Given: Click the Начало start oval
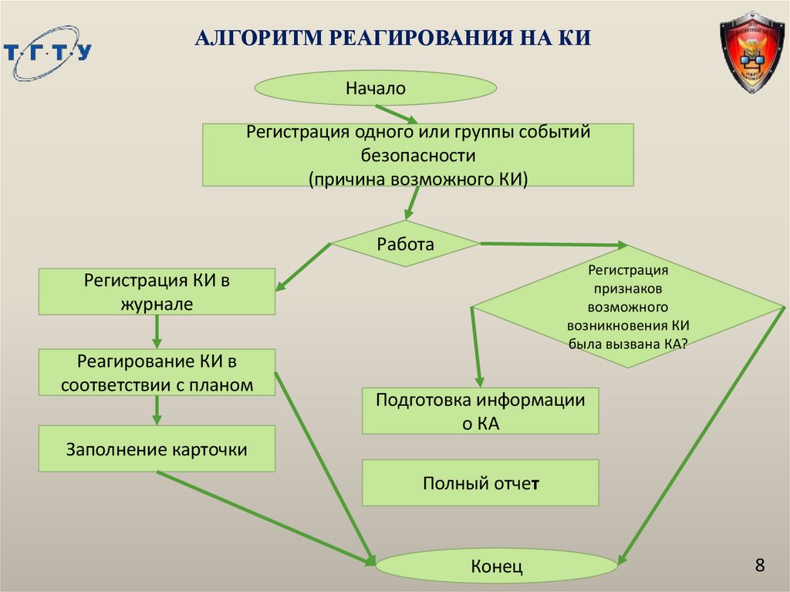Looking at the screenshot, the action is (x=375, y=89).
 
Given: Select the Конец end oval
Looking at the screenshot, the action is (x=497, y=567).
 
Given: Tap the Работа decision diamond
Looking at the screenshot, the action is (x=405, y=245).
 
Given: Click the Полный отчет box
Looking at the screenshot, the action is (x=480, y=483).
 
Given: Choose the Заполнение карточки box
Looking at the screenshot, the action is (x=157, y=448).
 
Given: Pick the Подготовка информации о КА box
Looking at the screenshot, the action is (x=480, y=411).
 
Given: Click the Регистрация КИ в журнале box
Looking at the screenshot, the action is (x=157, y=291).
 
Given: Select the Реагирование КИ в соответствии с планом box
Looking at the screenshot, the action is (x=157, y=372).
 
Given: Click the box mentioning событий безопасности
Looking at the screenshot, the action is (x=418, y=155).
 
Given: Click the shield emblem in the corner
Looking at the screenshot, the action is (x=751, y=52).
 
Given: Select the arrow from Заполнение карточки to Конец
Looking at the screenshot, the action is (x=266, y=517).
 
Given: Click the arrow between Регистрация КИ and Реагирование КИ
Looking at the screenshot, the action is (x=157, y=332).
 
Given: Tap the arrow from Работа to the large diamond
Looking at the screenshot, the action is (x=554, y=245).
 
